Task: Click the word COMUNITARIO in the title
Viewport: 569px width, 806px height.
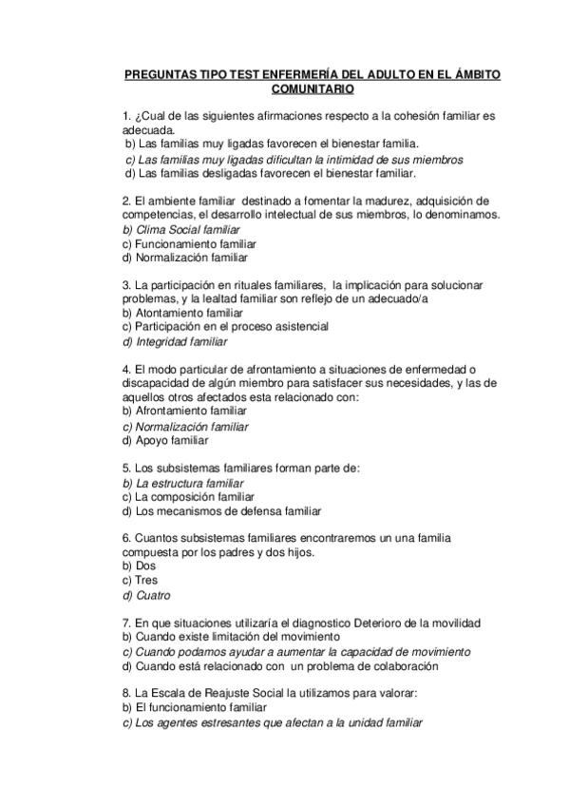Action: (313, 89)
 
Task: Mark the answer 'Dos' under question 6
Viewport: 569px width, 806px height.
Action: (145, 566)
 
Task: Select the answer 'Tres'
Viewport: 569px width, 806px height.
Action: (146, 580)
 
